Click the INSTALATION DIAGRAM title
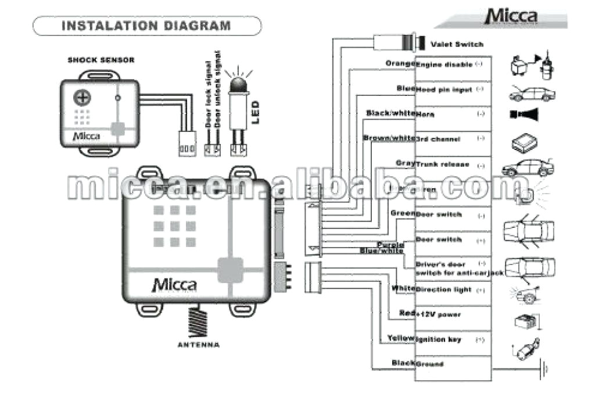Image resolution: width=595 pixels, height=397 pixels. [x=146, y=26]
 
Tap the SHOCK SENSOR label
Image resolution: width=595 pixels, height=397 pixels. [x=101, y=60]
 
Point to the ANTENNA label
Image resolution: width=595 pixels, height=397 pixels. [x=198, y=345]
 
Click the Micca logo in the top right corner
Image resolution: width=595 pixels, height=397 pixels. [x=511, y=16]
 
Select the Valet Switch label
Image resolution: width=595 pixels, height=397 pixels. [x=457, y=44]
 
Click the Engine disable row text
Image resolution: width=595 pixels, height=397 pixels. [x=444, y=65]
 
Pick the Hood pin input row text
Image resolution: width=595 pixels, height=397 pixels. [x=442, y=90]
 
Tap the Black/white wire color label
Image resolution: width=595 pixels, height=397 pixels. [x=390, y=113]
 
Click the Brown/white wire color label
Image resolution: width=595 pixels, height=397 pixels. [x=389, y=138]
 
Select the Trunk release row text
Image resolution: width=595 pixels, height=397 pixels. [x=442, y=164]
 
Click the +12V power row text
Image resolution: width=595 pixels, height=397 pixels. [x=438, y=314]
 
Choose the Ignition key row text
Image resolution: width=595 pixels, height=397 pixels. [x=439, y=339]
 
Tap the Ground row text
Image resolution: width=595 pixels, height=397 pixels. [x=429, y=364]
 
